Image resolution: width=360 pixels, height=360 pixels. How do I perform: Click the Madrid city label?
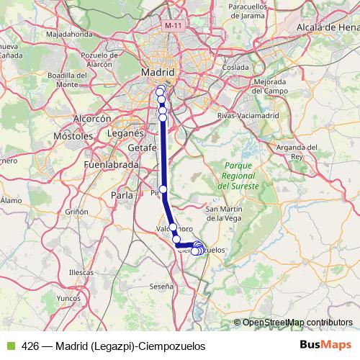click(158, 73)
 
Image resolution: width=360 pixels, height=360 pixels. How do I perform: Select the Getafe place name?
click(142, 148)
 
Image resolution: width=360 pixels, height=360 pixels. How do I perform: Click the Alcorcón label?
click(91, 119)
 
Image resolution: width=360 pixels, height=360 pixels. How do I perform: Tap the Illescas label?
click(81, 273)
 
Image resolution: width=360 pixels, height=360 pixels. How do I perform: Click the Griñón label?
click(76, 212)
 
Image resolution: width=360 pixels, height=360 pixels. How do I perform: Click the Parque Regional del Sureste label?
click(238, 176)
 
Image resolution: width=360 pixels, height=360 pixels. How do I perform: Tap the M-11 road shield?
click(173, 25)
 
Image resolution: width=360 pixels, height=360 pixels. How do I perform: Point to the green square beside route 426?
click(10, 346)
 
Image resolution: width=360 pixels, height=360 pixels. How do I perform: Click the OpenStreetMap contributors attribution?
click(296, 322)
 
